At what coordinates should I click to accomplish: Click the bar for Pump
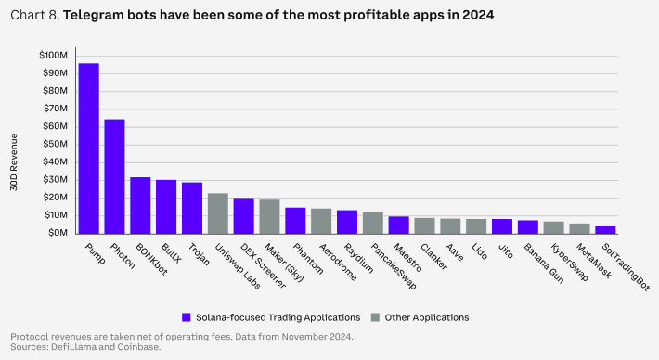tap(89, 148)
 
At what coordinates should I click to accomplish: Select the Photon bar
tap(114, 176)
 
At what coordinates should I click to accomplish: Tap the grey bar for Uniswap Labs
tap(218, 213)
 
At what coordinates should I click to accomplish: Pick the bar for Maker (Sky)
tap(269, 217)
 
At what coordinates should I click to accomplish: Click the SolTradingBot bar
tap(605, 230)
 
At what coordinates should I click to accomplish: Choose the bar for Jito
tap(502, 226)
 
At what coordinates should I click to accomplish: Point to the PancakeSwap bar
tap(373, 223)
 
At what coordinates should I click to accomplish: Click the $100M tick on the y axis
tap(54, 56)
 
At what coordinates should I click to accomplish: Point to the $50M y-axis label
tap(55, 144)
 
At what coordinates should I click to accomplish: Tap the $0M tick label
tap(58, 233)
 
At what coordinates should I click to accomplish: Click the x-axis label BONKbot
tap(151, 259)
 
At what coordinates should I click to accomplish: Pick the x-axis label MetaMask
tap(593, 262)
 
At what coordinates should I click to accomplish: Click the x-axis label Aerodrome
tap(338, 263)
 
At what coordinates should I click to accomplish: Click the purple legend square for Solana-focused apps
tap(187, 317)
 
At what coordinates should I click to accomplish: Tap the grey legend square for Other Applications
tap(375, 317)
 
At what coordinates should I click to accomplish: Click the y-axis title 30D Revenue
tap(14, 162)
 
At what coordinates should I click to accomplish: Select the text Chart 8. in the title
tap(35, 15)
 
